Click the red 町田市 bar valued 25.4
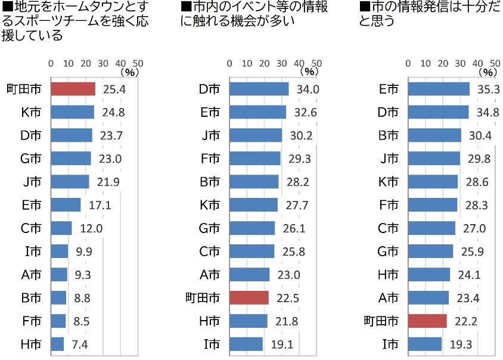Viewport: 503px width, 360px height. (73, 89)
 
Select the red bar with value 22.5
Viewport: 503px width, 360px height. (249, 297)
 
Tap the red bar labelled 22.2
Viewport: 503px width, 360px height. (428, 321)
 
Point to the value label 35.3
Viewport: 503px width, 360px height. (488, 89)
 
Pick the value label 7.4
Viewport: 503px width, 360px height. (79, 344)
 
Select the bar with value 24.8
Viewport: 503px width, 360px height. (72, 112)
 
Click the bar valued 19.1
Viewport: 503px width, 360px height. (246, 344)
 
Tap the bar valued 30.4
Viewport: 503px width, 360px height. (434, 135)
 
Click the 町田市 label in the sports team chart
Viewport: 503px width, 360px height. (24, 89)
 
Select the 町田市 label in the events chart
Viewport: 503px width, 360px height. (203, 298)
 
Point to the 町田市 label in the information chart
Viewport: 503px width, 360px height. (381, 321)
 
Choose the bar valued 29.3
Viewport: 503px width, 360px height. (254, 159)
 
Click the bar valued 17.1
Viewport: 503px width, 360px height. (66, 205)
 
